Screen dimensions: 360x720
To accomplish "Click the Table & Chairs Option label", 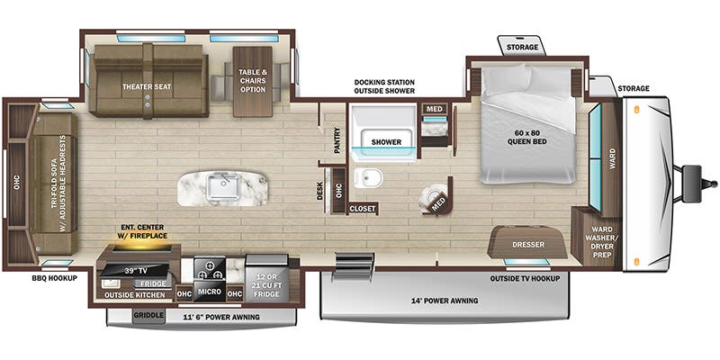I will click(255, 82).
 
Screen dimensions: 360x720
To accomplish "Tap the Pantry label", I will click(337, 140).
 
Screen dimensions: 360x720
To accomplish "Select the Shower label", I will click(386, 142).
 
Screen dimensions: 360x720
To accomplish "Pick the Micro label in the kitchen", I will click(211, 292).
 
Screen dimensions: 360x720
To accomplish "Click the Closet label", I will click(364, 208).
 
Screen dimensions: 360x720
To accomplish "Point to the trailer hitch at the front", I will click(694, 176).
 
